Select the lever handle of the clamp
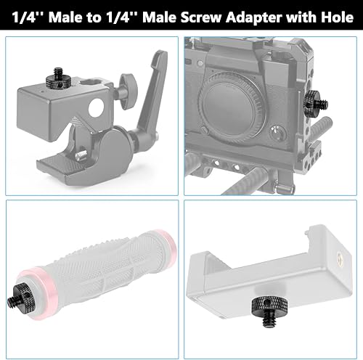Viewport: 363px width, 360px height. (157, 87)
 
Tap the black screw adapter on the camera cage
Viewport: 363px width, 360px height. (314, 101)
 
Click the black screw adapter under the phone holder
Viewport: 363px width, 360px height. (266, 308)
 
